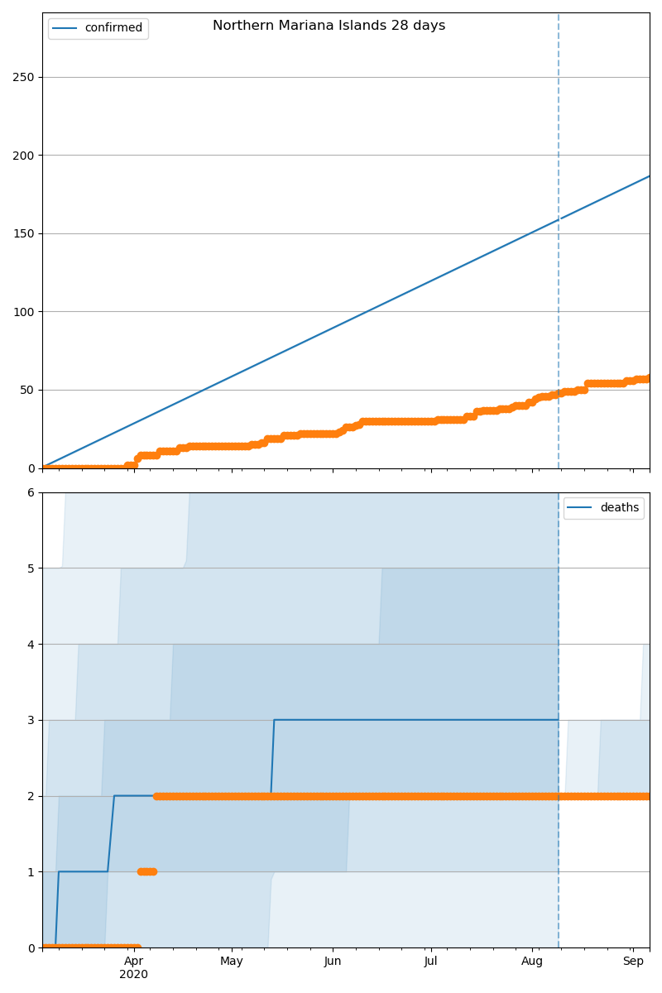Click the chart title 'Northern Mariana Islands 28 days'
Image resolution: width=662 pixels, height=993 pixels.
pos(329,26)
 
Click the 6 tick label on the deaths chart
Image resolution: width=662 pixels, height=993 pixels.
pos(31,492)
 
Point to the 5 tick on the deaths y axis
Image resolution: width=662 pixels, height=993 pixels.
pos(31,568)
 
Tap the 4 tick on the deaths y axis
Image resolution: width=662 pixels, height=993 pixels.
pos(31,645)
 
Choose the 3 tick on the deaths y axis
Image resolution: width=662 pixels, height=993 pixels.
pos(31,720)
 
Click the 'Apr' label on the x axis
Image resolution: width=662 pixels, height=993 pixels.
pos(133,961)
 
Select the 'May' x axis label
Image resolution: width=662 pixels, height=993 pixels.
pos(232,961)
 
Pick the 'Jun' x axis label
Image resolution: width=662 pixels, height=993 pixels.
pos(332,961)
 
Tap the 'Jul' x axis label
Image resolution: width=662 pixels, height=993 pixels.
pos(430,961)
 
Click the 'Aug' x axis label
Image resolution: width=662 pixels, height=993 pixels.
pos(532,961)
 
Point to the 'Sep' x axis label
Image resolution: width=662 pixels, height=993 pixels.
pos(633,961)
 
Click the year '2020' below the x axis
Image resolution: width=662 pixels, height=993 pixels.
pos(133,974)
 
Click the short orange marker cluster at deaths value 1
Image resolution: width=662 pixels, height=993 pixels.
pos(146,871)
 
